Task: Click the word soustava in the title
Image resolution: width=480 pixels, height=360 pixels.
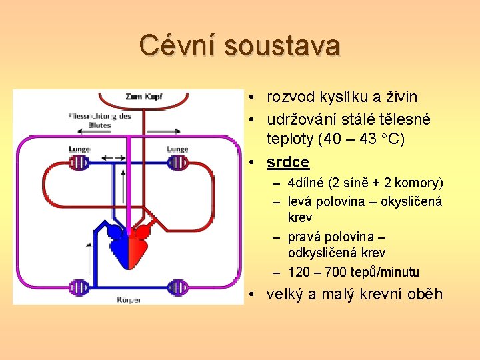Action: coord(282,45)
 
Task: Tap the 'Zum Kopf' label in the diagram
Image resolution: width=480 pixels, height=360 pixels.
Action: coord(143,97)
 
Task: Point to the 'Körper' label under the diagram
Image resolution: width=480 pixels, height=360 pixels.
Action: coord(128,299)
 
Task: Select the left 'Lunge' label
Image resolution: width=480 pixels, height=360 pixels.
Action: coord(79,149)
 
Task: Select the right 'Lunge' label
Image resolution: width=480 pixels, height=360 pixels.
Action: coord(177,149)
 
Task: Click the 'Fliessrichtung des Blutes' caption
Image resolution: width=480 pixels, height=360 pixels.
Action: coord(99,120)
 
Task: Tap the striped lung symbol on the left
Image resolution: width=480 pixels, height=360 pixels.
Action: coord(80,163)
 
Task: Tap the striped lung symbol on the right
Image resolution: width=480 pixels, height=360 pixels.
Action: coord(177,163)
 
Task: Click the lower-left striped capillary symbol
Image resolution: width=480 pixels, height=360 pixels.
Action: coord(79,288)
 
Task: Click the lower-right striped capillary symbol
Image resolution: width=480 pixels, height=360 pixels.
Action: coord(177,288)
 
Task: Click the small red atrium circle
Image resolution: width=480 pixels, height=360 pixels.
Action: coord(142,232)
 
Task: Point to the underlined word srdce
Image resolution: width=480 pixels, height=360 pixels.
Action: coord(288,162)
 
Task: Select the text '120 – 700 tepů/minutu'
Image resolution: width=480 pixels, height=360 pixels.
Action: coord(354,272)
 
